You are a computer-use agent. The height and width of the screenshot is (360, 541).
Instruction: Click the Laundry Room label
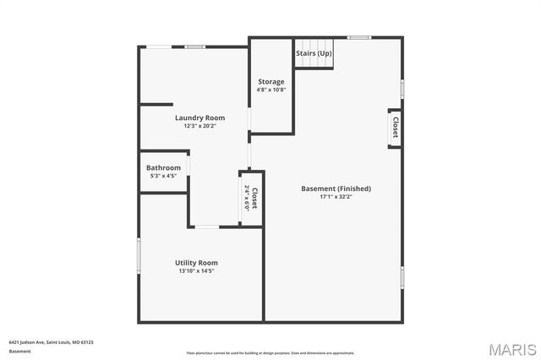coord(199,117)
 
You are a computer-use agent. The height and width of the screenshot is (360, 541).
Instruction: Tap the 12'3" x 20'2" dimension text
coord(199,126)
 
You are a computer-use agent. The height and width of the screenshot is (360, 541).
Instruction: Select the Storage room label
coord(271,82)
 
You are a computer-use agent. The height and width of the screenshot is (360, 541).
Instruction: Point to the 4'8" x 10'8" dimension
coord(271,90)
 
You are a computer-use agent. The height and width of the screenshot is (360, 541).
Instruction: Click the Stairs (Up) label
coord(314,53)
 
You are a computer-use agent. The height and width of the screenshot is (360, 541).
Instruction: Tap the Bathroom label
coord(163,167)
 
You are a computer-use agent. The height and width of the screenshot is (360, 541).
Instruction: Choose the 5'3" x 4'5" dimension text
coord(163,176)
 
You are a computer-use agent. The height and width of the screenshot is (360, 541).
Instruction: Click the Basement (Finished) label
coord(336,188)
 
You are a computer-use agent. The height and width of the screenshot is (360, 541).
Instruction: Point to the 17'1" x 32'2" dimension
coord(336,197)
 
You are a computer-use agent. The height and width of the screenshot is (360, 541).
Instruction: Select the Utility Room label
coord(197,263)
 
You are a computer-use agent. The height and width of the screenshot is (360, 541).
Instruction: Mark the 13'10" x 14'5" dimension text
coord(197,271)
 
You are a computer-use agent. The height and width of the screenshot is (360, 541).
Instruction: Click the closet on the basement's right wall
coord(394,128)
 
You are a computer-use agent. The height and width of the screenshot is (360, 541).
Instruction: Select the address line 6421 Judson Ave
coord(51,342)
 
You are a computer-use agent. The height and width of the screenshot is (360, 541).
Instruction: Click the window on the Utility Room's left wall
coord(139,254)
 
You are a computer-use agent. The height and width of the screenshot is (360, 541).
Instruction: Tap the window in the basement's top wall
coord(359,37)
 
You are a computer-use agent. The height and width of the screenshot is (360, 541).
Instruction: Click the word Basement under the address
coord(19,350)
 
